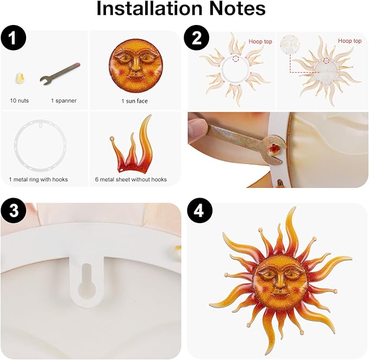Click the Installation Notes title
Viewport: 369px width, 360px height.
click(x=181, y=10)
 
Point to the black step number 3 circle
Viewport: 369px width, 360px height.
click(x=13, y=213)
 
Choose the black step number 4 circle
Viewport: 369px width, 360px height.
click(x=198, y=213)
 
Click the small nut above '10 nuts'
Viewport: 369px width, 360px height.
click(x=20, y=79)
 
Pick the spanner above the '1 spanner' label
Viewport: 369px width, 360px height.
click(x=60, y=74)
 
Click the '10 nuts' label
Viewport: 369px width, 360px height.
click(x=20, y=101)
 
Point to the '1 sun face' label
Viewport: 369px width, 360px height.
click(x=134, y=101)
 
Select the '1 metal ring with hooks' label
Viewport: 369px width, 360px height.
click(x=39, y=179)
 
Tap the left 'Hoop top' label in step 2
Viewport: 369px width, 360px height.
click(x=260, y=41)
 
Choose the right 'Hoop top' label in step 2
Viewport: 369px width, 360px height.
click(x=349, y=41)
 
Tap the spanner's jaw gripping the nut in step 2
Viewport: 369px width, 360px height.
click(x=272, y=147)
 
